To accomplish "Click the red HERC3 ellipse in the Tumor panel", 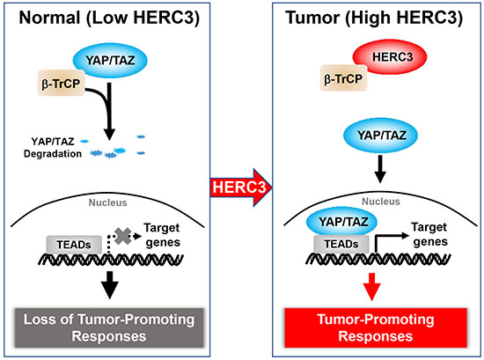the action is click(x=390, y=57).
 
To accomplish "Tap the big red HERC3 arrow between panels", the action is click(x=241, y=187).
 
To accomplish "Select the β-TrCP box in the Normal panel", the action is click(x=61, y=83).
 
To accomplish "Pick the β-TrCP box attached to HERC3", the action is click(x=343, y=77).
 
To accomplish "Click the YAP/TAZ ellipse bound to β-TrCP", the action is click(x=110, y=60).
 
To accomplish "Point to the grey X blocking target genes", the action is click(x=123, y=236).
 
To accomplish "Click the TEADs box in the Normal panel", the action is click(x=74, y=245).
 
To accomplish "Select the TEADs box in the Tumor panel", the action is click(x=341, y=244).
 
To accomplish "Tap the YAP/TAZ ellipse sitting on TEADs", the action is click(x=341, y=222).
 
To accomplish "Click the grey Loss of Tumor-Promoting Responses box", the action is click(x=109, y=328).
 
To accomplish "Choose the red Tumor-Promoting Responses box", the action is click(x=376, y=328).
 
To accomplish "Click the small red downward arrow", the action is click(x=372, y=287).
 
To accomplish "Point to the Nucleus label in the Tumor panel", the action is click(x=381, y=202).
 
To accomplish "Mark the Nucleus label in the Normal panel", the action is click(x=107, y=202).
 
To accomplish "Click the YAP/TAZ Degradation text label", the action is click(x=53, y=148).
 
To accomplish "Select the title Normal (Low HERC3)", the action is click(x=109, y=18).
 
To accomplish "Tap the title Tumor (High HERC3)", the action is click(x=374, y=18).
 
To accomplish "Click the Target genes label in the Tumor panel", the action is click(x=429, y=235).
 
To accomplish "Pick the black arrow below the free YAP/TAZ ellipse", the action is click(x=380, y=169).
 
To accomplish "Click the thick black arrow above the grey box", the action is click(x=110, y=285).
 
